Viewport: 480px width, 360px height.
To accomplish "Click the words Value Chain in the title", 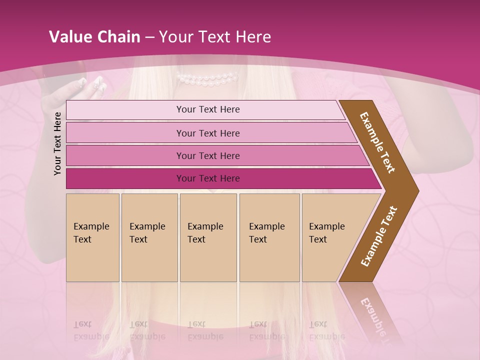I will tap(94, 37).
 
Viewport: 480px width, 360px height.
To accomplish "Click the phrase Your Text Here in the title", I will tap(215, 37).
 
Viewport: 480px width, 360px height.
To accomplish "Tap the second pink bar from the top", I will tap(207, 133).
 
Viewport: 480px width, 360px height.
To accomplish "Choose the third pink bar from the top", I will tap(207, 156).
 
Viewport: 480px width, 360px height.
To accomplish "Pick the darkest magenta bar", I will tap(207, 178).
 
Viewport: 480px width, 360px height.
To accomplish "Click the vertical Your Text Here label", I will tap(57, 143).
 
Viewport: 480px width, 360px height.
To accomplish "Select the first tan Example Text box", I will tap(92, 237).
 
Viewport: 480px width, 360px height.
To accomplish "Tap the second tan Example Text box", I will tap(149, 237).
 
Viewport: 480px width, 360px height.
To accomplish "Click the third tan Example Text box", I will tap(207, 237).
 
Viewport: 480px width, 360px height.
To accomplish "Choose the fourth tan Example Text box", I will tap(269, 237).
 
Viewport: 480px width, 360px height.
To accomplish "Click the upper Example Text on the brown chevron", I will tap(378, 142).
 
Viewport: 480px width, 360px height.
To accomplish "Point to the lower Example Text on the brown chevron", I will tap(379, 236).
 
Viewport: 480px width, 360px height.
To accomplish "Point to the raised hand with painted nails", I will tap(85, 90).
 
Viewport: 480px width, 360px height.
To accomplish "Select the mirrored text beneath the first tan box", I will tap(91, 330).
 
